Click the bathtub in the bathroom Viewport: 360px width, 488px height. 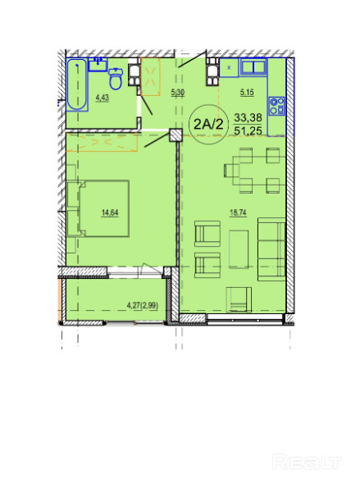pyautogui.click(x=77, y=84)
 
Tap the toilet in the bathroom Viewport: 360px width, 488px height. pyautogui.click(x=116, y=79)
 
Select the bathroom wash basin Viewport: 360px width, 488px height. pyautogui.click(x=98, y=64)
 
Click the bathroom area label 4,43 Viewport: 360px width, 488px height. pyautogui.click(x=103, y=98)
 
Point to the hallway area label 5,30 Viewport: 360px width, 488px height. pyautogui.click(x=178, y=93)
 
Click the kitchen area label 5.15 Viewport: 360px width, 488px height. pyautogui.click(x=247, y=93)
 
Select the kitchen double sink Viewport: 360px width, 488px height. pyautogui.click(x=253, y=67)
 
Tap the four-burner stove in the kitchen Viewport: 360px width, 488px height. pyautogui.click(x=276, y=106)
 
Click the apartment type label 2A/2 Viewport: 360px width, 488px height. pyautogui.click(x=208, y=125)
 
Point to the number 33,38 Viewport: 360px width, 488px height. pyautogui.click(x=248, y=117)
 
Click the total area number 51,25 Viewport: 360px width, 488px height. pyautogui.click(x=248, y=130)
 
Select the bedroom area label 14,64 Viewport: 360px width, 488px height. pyautogui.click(x=110, y=213)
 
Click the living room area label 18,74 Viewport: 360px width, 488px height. pyautogui.click(x=238, y=213)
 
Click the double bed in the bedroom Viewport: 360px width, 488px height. pyautogui.click(x=104, y=208)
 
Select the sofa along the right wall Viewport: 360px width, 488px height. pyautogui.click(x=271, y=249)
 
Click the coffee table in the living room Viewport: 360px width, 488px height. pyautogui.click(x=239, y=249)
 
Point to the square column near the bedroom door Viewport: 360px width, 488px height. pyautogui.click(x=175, y=135)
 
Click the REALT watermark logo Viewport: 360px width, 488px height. pyautogui.click(x=307, y=462)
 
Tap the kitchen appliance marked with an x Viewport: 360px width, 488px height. pyautogui.click(x=230, y=67)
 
